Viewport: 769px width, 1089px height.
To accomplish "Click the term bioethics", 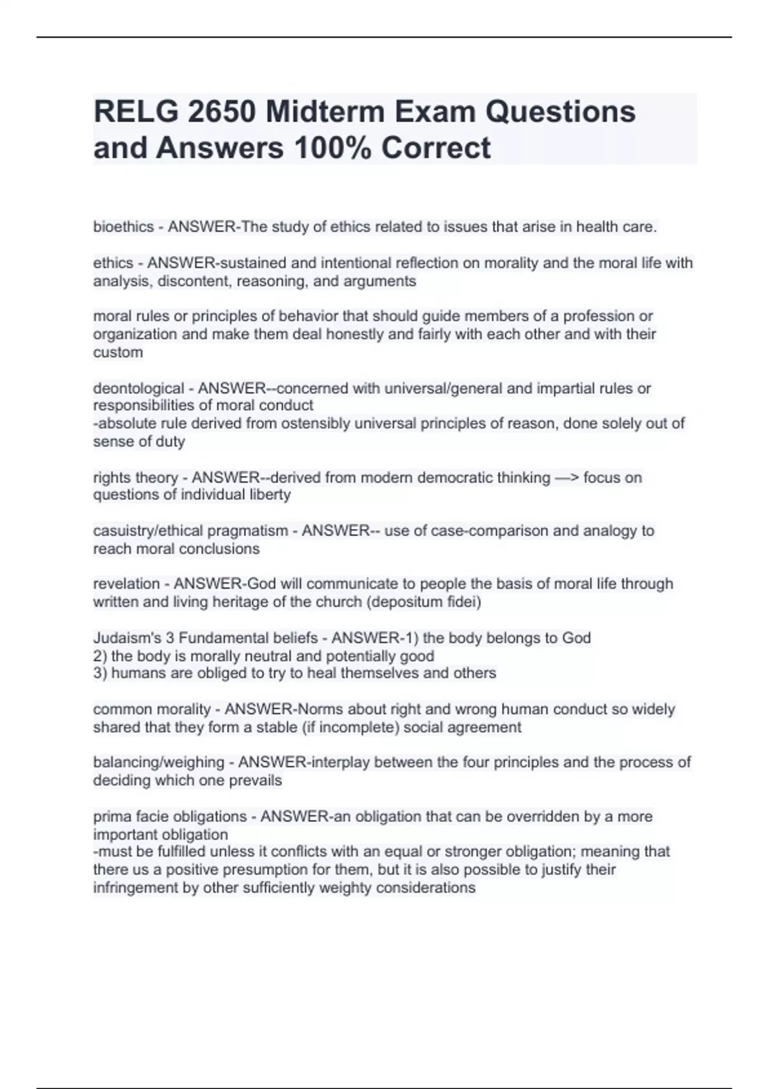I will (124, 227).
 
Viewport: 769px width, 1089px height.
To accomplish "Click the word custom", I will (118, 352).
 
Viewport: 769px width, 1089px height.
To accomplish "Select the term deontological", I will (138, 388).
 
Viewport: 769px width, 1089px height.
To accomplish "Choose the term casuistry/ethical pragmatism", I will (190, 531).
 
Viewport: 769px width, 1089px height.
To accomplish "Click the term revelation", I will (126, 584).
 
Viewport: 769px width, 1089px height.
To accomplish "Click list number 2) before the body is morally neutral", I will (100, 656).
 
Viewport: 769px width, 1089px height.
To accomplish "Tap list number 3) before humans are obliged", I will (100, 673).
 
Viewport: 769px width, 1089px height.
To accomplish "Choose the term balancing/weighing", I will (158, 762).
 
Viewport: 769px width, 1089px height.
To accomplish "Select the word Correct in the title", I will (436, 147).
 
